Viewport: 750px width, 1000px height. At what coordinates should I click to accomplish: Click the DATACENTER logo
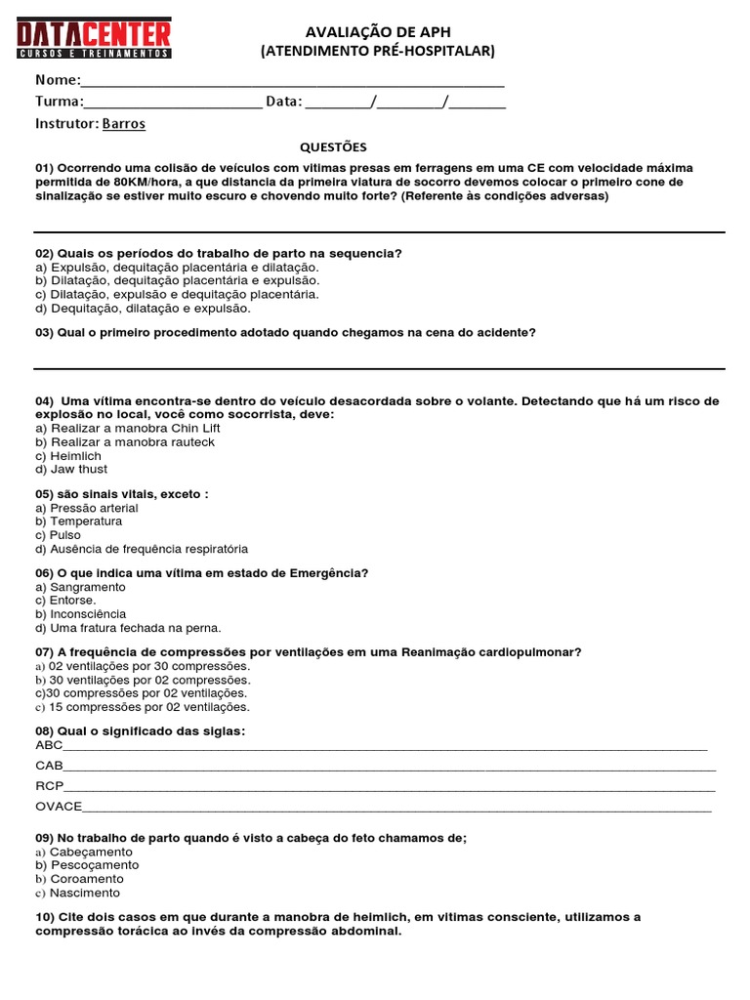click(95, 39)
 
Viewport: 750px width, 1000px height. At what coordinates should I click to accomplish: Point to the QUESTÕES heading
click(333, 147)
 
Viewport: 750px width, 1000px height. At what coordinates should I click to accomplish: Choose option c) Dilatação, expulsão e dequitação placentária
click(177, 294)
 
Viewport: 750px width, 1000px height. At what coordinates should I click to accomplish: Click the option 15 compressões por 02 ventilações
click(143, 707)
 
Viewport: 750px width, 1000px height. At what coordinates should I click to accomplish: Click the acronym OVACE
click(59, 807)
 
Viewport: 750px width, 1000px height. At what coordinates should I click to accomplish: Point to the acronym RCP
click(49, 786)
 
